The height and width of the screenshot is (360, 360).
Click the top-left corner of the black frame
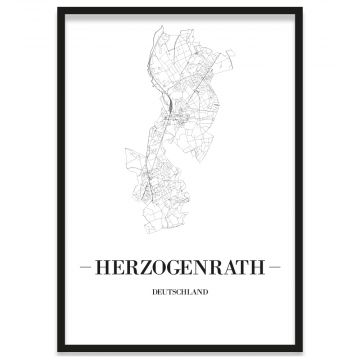coord(59,9)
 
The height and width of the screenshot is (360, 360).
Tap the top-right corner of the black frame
coord(301,9)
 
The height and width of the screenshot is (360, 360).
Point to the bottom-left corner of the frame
coord(59,351)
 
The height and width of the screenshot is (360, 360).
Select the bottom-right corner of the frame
coord(301,351)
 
